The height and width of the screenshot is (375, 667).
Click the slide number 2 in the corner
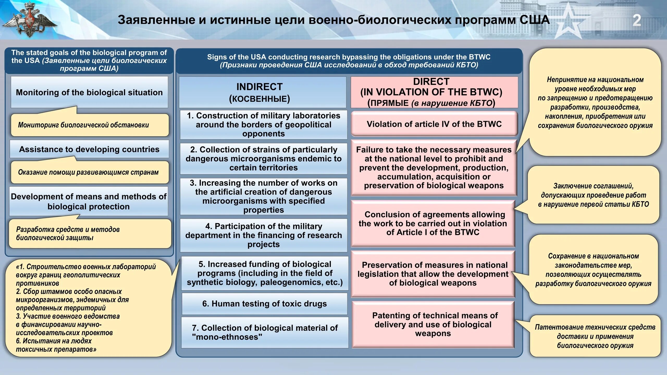tap(637, 21)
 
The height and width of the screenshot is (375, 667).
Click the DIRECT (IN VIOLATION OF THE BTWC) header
tap(434, 92)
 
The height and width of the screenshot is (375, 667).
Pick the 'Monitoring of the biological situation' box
tap(89, 92)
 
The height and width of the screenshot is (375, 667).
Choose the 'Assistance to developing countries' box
tap(89, 149)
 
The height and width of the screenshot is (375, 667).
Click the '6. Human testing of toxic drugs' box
tap(264, 304)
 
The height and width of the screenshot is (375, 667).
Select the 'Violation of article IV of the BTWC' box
tap(434, 124)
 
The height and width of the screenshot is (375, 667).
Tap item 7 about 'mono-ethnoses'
tap(264, 332)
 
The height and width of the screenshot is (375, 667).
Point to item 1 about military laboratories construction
tap(263, 124)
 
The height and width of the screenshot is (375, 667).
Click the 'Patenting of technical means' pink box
tap(433, 324)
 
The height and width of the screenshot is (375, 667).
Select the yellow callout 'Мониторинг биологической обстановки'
tap(89, 125)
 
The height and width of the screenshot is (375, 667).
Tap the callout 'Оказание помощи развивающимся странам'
tap(89, 172)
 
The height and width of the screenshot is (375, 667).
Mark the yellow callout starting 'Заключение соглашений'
tap(593, 195)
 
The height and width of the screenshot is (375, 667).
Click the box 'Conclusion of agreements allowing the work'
tap(433, 223)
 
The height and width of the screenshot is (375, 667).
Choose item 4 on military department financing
tap(263, 235)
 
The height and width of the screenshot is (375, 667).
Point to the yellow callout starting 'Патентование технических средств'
tap(595, 336)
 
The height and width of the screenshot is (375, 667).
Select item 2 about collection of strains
tap(263, 159)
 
